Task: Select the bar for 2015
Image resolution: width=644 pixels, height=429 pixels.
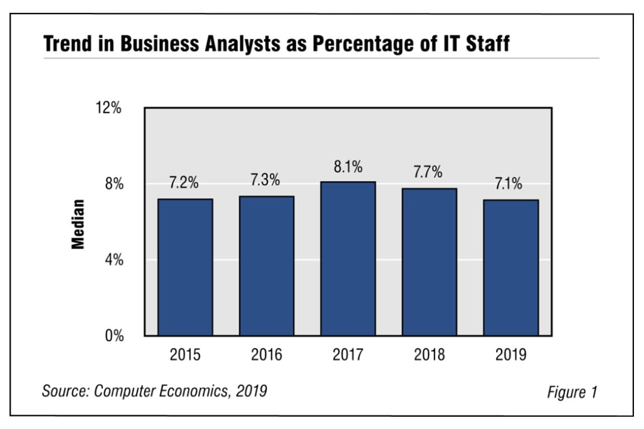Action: (x=185, y=267)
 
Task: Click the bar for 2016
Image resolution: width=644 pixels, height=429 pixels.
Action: (x=267, y=266)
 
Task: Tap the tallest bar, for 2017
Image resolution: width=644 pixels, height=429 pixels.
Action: (x=348, y=258)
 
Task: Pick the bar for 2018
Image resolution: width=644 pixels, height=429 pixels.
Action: (x=429, y=262)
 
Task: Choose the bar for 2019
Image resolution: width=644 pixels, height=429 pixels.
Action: (x=511, y=268)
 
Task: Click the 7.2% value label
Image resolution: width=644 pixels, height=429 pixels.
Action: (x=184, y=184)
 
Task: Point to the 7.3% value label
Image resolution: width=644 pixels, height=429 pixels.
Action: (x=266, y=180)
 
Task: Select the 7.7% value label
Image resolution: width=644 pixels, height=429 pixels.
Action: (x=428, y=173)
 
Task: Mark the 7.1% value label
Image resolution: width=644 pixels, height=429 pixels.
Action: (x=509, y=184)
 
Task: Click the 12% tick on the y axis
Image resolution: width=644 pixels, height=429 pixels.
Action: (x=110, y=108)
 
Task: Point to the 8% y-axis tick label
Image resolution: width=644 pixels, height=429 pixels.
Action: (x=115, y=184)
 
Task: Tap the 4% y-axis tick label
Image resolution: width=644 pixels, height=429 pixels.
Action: (x=115, y=260)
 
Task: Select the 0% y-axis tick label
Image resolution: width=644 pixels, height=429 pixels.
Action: (x=115, y=337)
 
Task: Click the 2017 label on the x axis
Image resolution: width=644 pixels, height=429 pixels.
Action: (x=348, y=355)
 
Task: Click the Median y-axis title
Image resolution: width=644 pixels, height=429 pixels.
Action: (x=78, y=223)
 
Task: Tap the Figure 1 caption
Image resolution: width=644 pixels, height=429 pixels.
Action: (x=571, y=392)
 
